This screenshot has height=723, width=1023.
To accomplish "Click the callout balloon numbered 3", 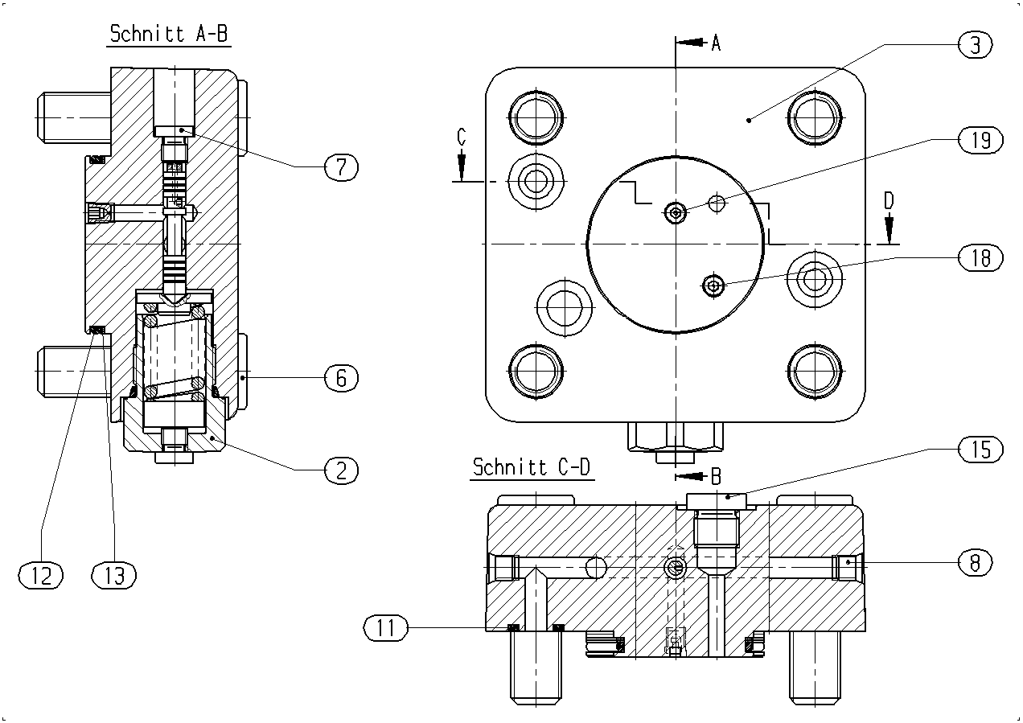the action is tap(975, 45).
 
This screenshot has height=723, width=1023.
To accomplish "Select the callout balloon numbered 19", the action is tap(980, 140).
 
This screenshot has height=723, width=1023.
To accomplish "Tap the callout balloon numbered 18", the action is tap(980, 257).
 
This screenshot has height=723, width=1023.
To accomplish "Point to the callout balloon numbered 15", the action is tap(980, 449).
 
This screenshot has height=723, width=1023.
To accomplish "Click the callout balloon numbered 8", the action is tap(975, 562).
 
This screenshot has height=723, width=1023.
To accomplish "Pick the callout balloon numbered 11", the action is tap(386, 627).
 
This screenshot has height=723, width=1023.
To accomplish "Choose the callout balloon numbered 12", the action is tap(41, 575).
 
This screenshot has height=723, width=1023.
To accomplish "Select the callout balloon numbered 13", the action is tap(114, 575).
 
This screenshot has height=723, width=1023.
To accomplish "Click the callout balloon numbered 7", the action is tap(342, 167).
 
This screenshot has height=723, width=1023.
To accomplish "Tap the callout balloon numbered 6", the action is tap(342, 378).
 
